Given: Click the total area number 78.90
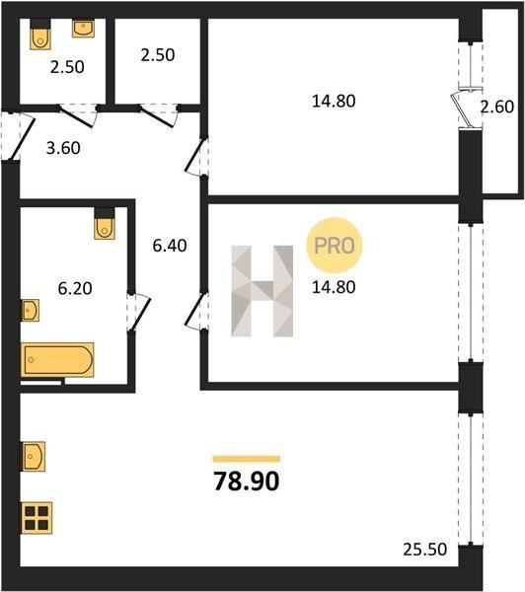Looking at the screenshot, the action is click(x=247, y=481).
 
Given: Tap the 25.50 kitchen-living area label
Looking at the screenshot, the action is click(x=425, y=550).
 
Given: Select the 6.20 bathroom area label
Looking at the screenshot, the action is click(x=75, y=288).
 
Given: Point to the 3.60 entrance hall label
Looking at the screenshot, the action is click(x=63, y=148).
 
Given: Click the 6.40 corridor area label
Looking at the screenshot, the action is click(x=170, y=246).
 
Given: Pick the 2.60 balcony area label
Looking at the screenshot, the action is click(x=497, y=107).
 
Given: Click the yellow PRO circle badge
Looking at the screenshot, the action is click(x=335, y=246).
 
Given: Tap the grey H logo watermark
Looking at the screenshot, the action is click(x=262, y=291).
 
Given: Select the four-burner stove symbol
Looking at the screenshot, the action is click(x=37, y=518).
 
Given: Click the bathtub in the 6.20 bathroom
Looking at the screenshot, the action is click(x=57, y=360).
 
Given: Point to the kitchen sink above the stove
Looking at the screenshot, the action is click(x=34, y=456).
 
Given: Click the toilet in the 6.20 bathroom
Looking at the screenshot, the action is click(x=105, y=224).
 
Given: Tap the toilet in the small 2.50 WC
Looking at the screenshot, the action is click(x=40, y=35).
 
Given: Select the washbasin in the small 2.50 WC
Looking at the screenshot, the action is click(x=83, y=29).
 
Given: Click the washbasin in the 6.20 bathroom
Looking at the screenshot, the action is click(x=31, y=311).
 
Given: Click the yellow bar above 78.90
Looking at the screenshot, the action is click(x=247, y=459).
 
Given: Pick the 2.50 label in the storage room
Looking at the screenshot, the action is click(x=158, y=55).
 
